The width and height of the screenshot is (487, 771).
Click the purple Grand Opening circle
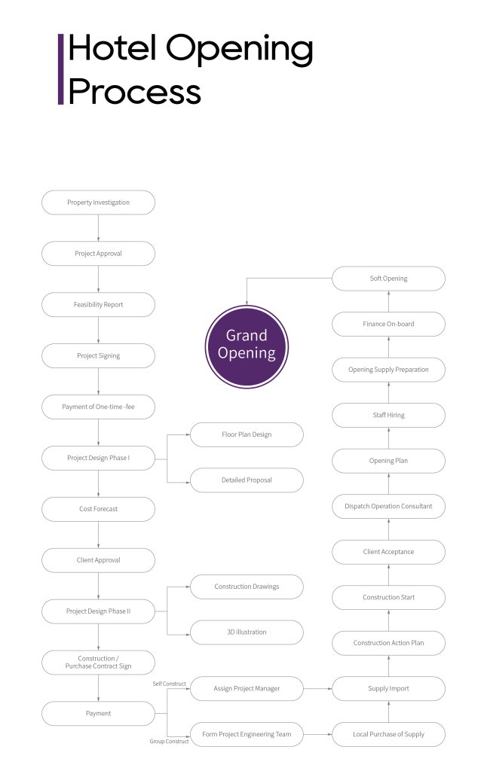247,346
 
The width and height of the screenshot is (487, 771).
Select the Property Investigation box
98,203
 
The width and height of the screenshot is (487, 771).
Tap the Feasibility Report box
98,305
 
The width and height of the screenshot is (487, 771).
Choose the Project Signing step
98,356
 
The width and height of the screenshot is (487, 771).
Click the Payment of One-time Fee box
98,407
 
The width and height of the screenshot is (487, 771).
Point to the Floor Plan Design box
247,435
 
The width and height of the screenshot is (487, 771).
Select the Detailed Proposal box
247,480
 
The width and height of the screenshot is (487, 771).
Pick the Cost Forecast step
98,510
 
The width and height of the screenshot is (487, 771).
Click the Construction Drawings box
247,587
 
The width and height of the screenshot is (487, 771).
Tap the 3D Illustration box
247,632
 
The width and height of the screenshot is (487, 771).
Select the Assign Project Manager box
247,688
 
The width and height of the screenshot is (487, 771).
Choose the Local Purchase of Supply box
388,734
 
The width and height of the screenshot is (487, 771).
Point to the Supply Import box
388,688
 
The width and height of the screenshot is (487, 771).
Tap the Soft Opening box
388,279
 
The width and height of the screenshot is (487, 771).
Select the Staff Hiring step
388,415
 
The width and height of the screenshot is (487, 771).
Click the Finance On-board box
388,325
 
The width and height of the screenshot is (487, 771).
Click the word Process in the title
134,92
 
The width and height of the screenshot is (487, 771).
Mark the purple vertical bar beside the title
60,69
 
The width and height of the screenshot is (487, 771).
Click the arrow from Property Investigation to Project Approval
98,228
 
